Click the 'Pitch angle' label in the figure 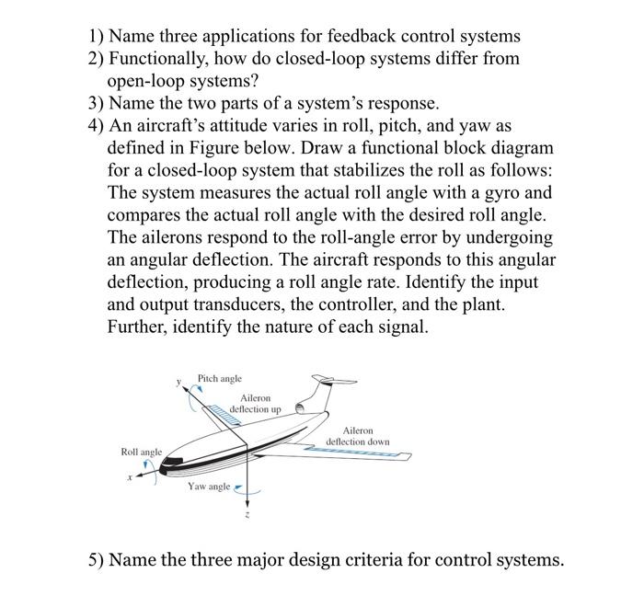point(220,378)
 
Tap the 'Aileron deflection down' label point(358,436)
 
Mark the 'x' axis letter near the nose point(130,477)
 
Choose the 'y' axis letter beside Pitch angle point(178,380)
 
